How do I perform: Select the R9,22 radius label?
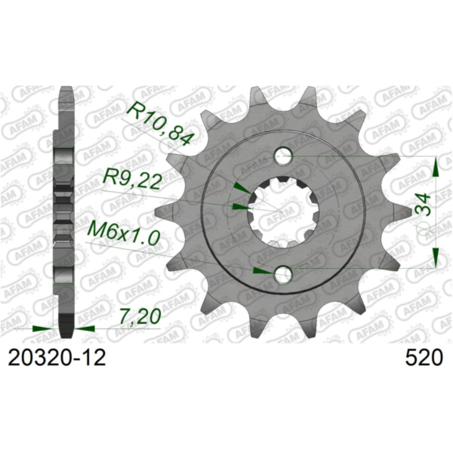click(131, 181)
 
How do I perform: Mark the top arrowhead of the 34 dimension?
click(435, 164)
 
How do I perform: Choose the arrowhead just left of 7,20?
click(85, 329)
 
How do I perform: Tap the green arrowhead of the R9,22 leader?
click(241, 204)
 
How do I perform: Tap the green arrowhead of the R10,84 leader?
click(239, 186)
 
